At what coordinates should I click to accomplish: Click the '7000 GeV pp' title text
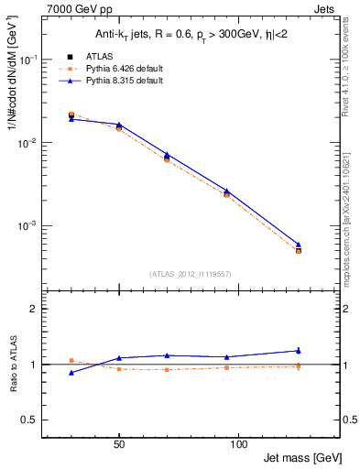tap(72, 8)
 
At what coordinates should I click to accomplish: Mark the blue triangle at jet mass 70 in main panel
tap(166, 155)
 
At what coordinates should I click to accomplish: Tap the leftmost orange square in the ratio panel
tap(71, 360)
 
